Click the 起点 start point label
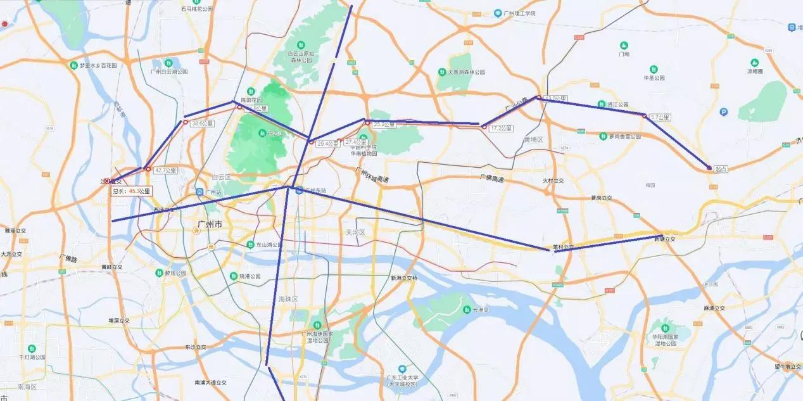click(x=721, y=169)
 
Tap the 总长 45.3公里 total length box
click(x=132, y=191)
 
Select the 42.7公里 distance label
click(x=165, y=170)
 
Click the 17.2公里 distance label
click(x=501, y=128)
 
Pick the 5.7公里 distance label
click(x=660, y=117)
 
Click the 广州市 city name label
click(x=210, y=225)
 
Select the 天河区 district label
click(x=355, y=232)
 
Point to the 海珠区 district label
click(x=288, y=298)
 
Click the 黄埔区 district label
click(x=534, y=139)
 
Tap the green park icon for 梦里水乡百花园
click(x=74, y=65)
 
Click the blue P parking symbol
click(x=724, y=112)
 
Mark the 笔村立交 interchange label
click(x=562, y=247)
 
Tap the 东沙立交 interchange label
click(x=196, y=347)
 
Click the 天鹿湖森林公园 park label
click(x=462, y=72)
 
